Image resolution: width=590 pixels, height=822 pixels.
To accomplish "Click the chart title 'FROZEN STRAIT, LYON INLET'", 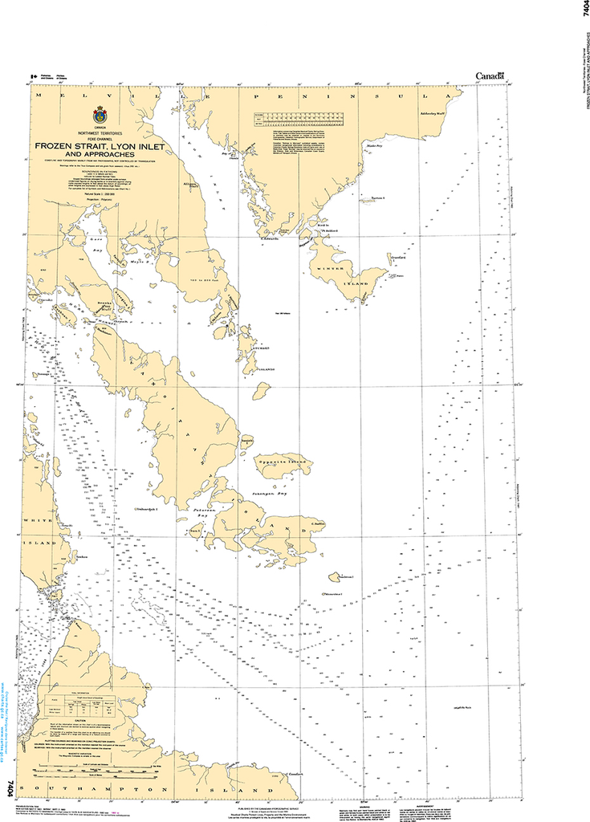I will click(x=99, y=146).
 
